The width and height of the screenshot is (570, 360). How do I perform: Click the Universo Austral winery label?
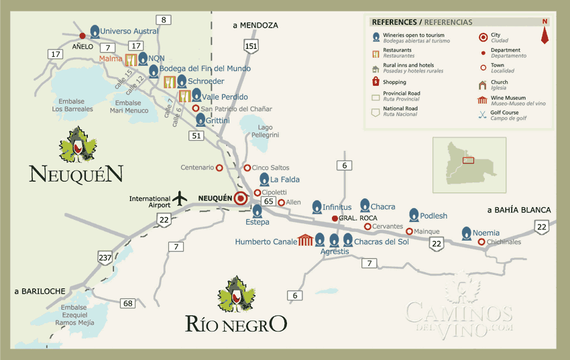point(129,31)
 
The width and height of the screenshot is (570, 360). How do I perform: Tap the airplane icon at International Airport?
point(180,198)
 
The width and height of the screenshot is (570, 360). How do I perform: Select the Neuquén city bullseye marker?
point(240,198)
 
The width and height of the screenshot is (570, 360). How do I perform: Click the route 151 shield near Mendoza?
point(251,46)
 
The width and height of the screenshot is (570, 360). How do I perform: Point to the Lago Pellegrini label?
point(265,131)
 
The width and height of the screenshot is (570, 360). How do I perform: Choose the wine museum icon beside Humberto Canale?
point(306,241)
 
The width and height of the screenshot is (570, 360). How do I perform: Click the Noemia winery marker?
point(467,233)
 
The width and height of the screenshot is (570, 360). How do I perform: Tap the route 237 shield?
point(105,257)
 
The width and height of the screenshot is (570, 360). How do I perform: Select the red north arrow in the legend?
point(545,32)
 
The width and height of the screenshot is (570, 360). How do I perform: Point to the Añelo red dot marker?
point(82,36)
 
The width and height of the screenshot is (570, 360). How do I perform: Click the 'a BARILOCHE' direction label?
point(40,291)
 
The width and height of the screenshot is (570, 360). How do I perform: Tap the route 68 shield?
point(127,304)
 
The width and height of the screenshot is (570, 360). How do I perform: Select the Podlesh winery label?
point(433,216)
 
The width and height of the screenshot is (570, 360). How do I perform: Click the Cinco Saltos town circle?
point(247,168)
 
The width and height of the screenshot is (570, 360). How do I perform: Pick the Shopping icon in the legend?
point(376,82)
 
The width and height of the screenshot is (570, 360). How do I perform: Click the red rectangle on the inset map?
point(468,160)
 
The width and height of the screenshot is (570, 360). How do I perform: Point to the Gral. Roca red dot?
point(335,219)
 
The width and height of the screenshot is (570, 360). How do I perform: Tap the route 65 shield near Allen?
point(268,201)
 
